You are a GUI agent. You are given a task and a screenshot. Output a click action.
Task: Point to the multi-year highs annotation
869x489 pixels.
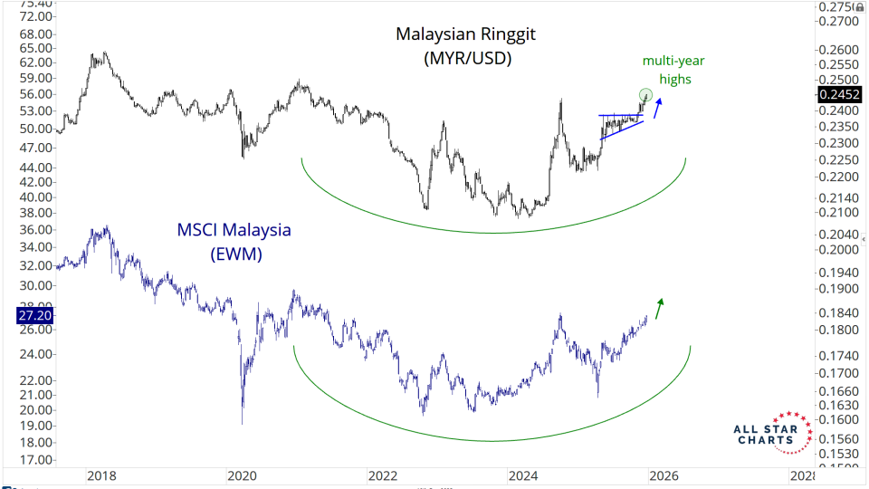[673, 70]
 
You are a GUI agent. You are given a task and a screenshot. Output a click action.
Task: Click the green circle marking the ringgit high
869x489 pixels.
[645, 94]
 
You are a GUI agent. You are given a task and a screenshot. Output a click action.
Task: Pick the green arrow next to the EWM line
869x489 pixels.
[659, 308]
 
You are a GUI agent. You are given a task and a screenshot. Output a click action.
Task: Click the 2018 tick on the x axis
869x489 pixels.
[100, 475]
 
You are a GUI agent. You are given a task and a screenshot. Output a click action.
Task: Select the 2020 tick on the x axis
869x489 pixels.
[242, 475]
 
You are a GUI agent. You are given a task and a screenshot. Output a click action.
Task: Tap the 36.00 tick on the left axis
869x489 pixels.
[33, 230]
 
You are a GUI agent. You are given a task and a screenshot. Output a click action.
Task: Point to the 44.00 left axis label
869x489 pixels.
[33, 168]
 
